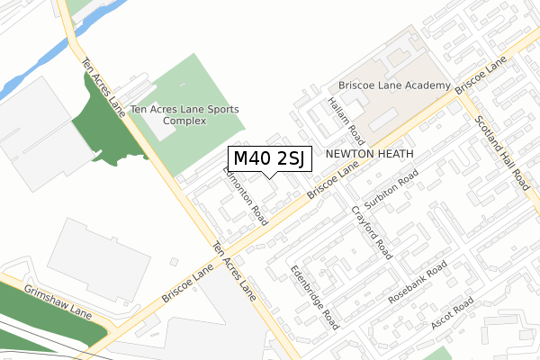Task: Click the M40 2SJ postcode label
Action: pos(269,159)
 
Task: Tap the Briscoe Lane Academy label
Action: pos(394,85)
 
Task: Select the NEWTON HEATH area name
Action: pos(369,154)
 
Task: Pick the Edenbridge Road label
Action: pos(314,295)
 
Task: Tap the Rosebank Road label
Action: pos(417,282)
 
